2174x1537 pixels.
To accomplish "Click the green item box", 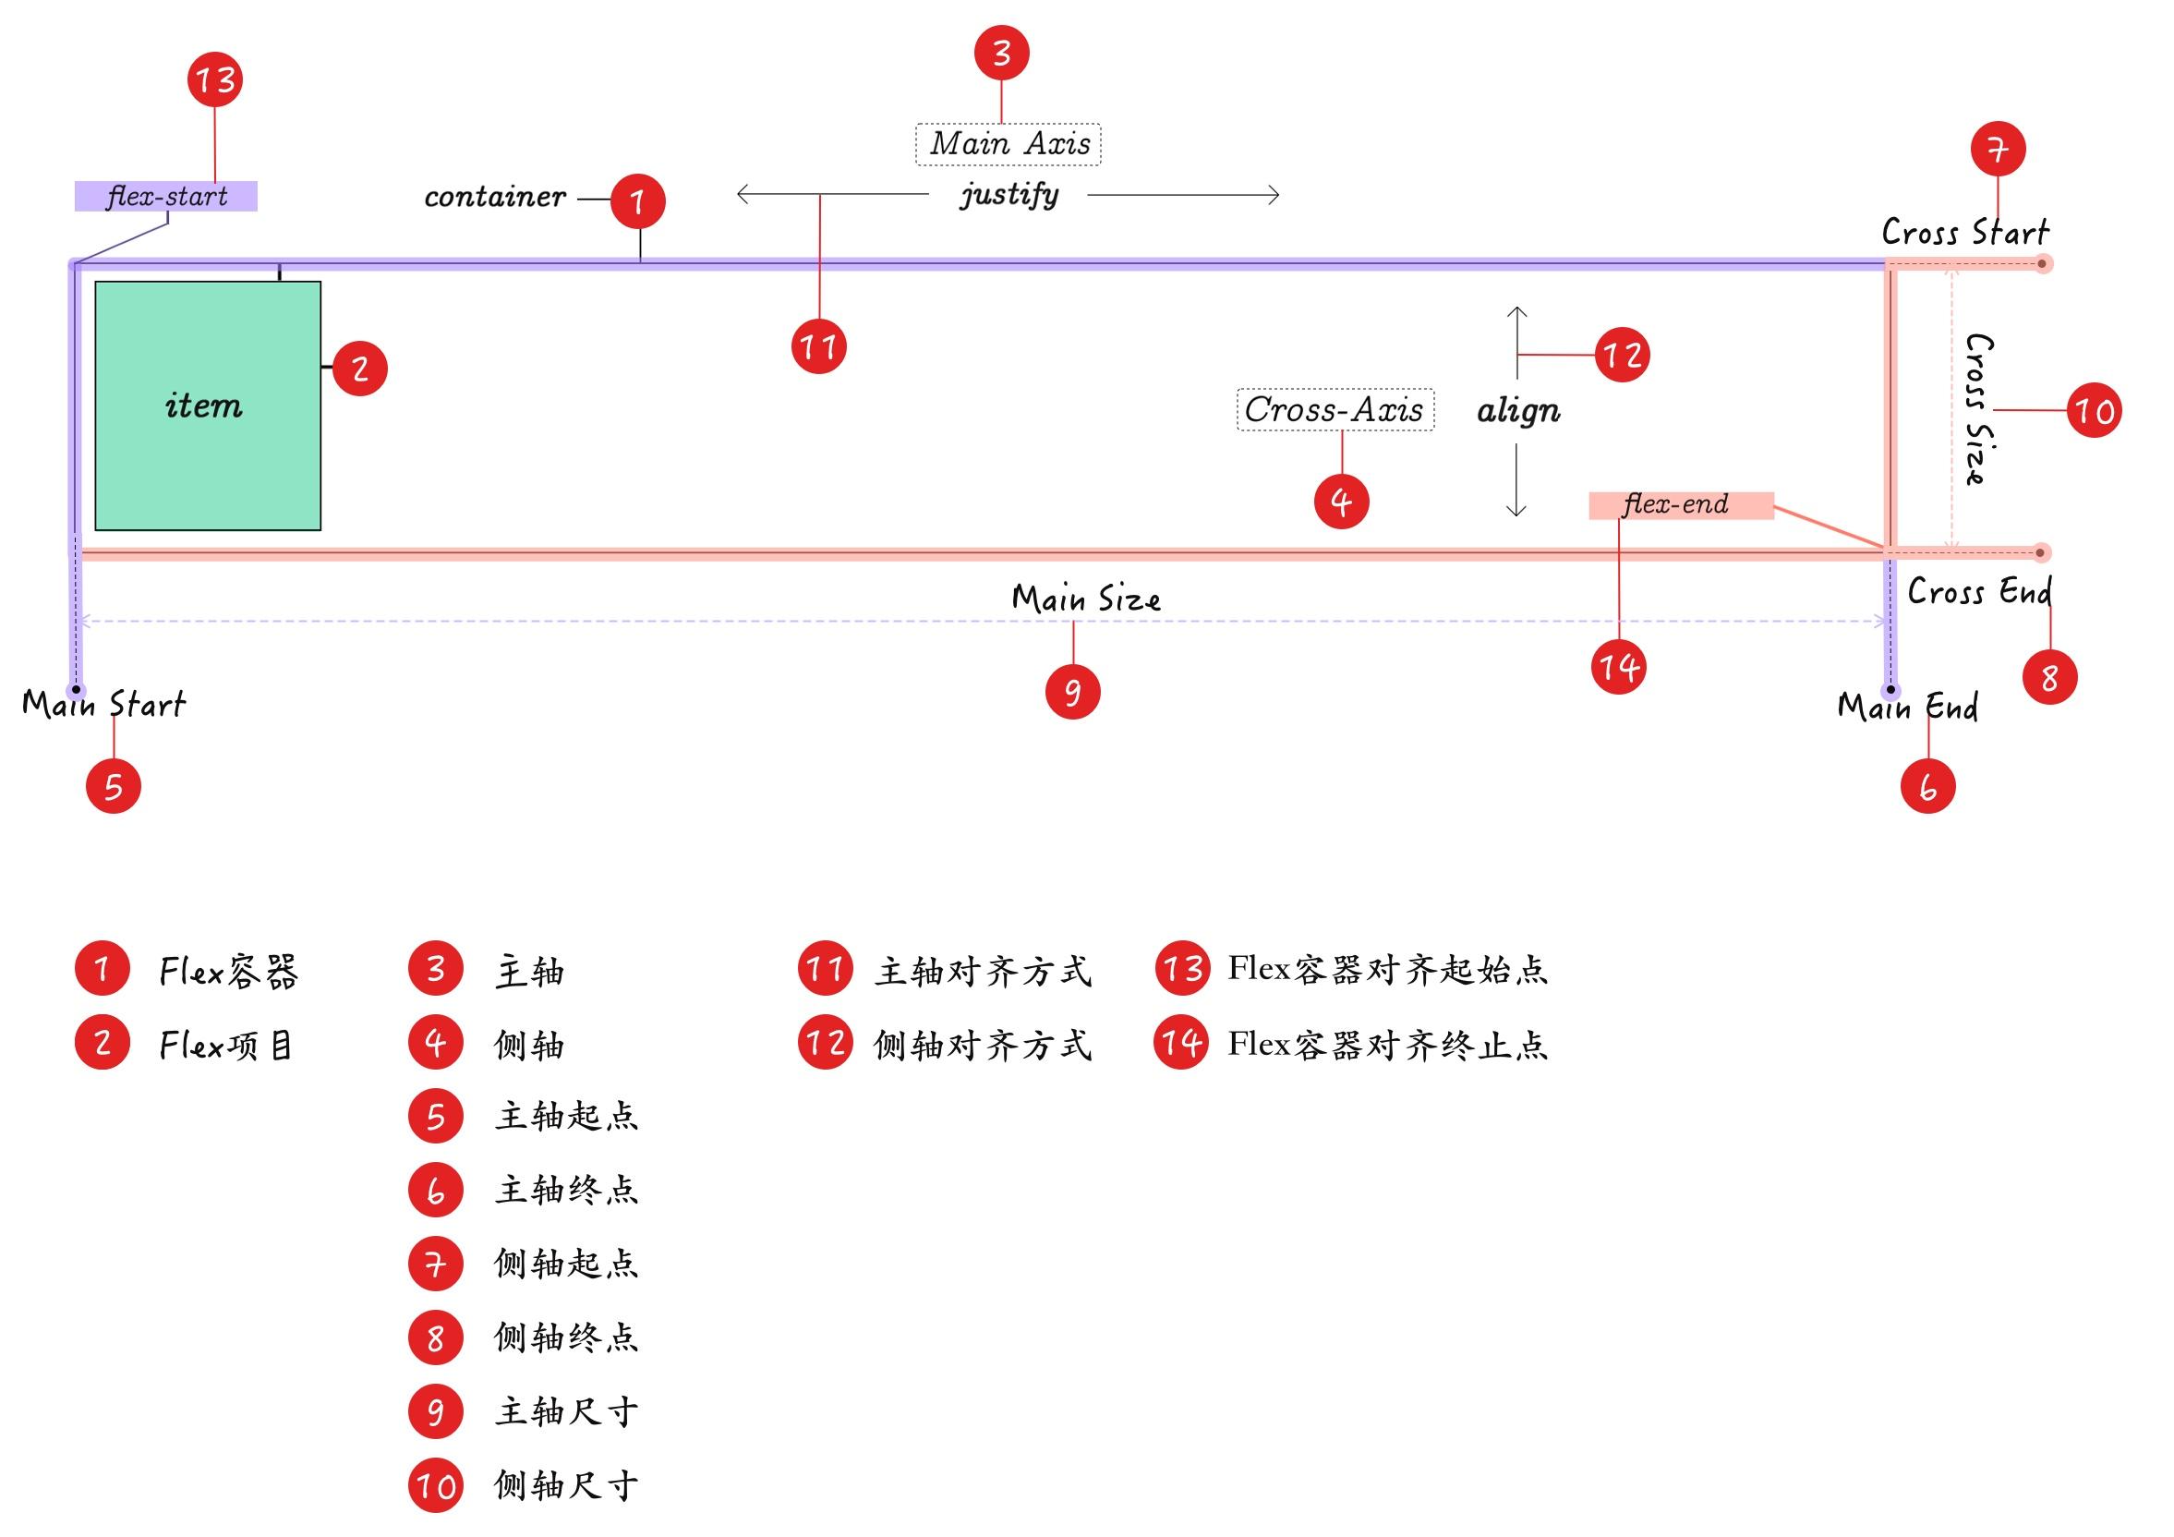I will click(x=208, y=405).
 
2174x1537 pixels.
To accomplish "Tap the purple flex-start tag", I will click(x=165, y=196).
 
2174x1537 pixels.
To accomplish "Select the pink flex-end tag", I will click(x=1680, y=504).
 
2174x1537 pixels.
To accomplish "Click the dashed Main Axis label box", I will click(x=1008, y=144).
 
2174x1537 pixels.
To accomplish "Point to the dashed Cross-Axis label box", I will click(x=1335, y=410).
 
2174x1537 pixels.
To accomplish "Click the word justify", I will click(x=1009, y=194).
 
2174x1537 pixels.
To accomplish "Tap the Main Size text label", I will click(x=1086, y=599).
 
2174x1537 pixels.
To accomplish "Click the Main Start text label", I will click(x=104, y=705).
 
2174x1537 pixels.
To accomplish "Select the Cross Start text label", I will click(x=1964, y=232).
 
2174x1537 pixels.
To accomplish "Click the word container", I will click(x=494, y=197).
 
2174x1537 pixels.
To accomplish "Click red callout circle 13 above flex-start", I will click(x=215, y=79).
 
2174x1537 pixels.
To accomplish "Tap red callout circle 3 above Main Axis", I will click(x=1002, y=53).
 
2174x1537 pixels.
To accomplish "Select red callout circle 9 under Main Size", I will click(x=1073, y=691).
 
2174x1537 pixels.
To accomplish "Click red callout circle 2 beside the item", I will click(x=360, y=368).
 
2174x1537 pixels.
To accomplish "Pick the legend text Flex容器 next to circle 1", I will click(x=229, y=971).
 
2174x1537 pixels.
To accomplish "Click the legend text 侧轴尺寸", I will click(x=566, y=1485).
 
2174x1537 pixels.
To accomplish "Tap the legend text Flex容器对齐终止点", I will click(x=1387, y=1045).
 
